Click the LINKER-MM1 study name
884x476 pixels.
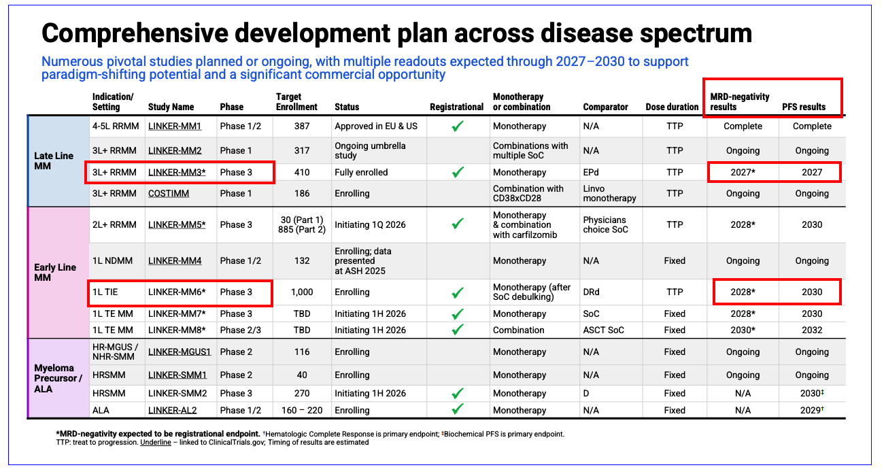click(175, 126)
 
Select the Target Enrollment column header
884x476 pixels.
click(296, 102)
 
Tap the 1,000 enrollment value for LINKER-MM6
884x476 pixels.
click(302, 292)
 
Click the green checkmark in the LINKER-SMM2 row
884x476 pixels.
click(458, 394)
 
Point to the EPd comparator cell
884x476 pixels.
click(592, 173)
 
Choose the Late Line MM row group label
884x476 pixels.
click(54, 161)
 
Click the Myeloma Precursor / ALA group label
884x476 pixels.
click(58, 378)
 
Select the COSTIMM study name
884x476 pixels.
click(169, 194)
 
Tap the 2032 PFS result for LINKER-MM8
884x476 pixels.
click(812, 330)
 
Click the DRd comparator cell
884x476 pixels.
click(592, 292)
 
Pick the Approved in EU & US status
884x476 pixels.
click(376, 126)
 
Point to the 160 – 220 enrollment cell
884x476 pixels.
click(302, 411)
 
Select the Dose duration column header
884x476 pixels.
click(672, 107)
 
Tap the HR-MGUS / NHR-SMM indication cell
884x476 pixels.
click(116, 352)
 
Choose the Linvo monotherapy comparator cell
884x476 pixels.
click(609, 194)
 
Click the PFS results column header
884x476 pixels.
click(804, 107)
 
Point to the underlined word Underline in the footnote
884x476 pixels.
click(156, 442)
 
